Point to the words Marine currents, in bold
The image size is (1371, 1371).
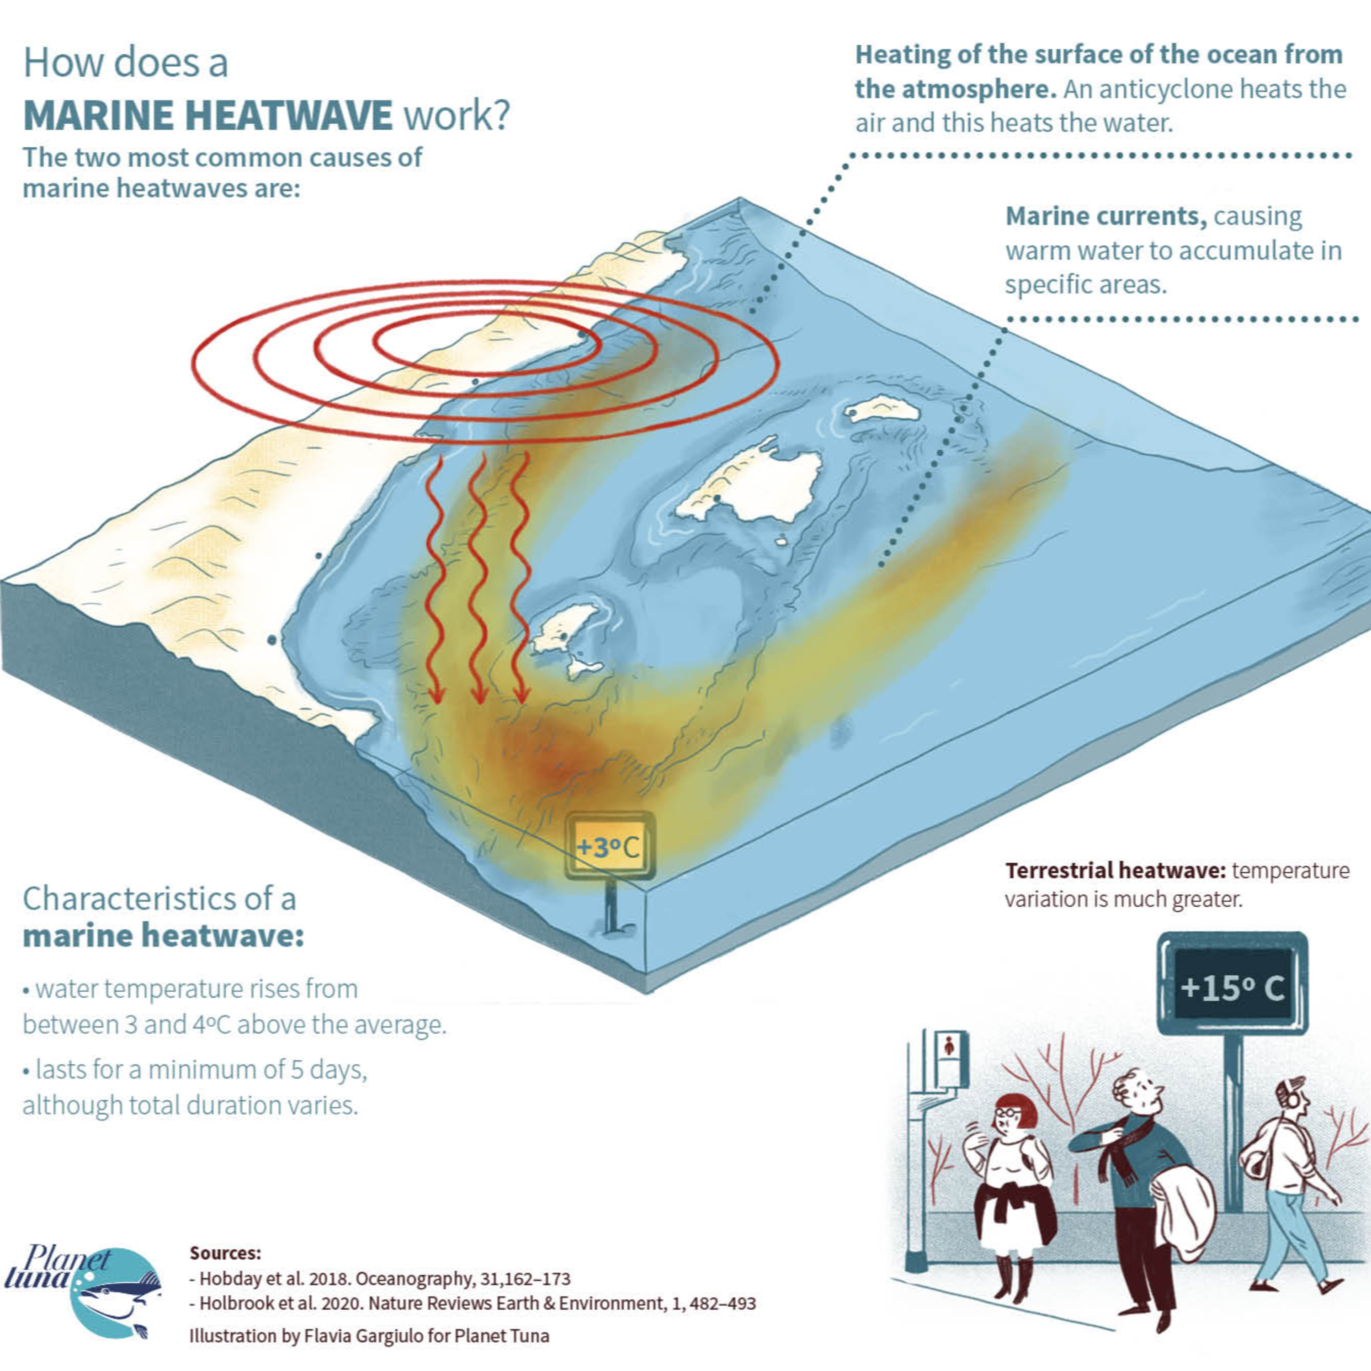[x=1105, y=216]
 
